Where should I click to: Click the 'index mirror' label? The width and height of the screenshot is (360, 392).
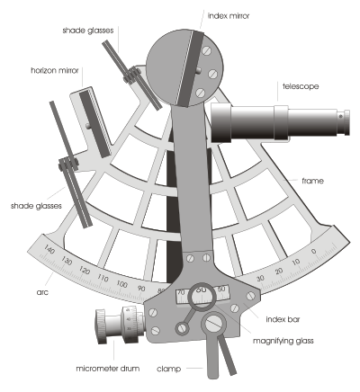point(229,16)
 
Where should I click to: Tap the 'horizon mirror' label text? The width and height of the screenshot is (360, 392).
point(55,70)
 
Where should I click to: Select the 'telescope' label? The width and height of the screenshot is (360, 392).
point(301,86)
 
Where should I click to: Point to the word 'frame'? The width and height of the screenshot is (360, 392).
point(312,181)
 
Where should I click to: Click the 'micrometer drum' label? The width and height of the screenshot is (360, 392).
point(108,369)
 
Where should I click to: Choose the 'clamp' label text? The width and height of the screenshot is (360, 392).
point(168,369)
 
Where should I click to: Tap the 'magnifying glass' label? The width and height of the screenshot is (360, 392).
point(283,341)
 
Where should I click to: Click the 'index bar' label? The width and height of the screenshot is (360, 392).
point(283,319)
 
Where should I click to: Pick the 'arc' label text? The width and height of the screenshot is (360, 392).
point(42,292)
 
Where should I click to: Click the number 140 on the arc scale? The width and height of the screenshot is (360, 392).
point(49,249)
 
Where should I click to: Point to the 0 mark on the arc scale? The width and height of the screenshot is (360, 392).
point(314,251)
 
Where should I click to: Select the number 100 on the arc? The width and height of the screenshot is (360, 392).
point(121,283)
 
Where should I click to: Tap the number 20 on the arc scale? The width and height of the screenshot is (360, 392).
point(279,272)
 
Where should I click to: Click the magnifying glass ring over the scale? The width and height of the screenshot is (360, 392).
point(202,284)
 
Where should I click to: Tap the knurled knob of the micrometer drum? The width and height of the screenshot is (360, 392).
point(101,326)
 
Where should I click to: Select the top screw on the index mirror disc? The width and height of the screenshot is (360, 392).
point(207,50)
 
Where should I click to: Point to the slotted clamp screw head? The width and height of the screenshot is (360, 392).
point(214,323)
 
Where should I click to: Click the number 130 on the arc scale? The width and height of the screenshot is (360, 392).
point(67,261)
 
